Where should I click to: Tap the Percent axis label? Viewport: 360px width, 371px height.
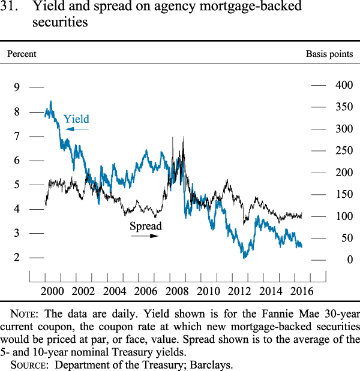(x=22, y=54)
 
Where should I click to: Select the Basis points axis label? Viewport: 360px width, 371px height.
(x=329, y=54)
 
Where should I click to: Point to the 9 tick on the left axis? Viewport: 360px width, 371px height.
(x=17, y=88)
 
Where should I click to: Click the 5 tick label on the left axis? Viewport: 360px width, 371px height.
(x=17, y=185)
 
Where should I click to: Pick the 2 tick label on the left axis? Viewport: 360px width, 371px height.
(x=17, y=258)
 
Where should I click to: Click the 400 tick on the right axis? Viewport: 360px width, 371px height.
(x=344, y=85)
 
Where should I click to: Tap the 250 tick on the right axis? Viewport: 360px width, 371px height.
(x=344, y=150)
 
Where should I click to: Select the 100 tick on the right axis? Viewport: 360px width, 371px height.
(x=344, y=216)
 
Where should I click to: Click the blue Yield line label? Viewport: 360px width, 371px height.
(x=76, y=119)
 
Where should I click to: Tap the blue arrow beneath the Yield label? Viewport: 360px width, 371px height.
(x=77, y=129)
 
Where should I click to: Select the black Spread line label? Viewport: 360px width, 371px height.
(x=146, y=227)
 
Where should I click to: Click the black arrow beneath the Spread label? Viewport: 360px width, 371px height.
(x=145, y=236)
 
